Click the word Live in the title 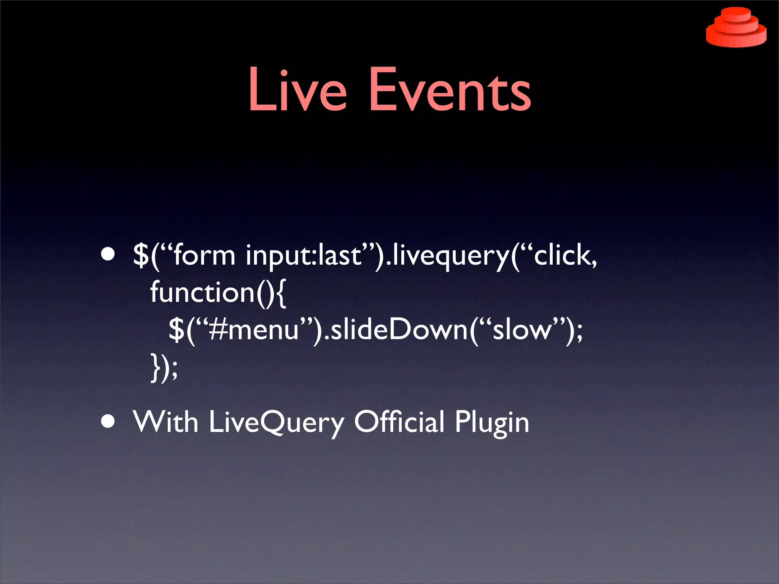pyautogui.click(x=297, y=90)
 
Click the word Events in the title pyautogui.click(x=450, y=90)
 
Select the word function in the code pyautogui.click(x=202, y=292)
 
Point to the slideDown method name pyautogui.click(x=399, y=329)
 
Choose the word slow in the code pyautogui.click(x=521, y=329)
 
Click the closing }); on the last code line pyautogui.click(x=164, y=367)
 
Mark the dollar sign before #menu pyautogui.click(x=176, y=329)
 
